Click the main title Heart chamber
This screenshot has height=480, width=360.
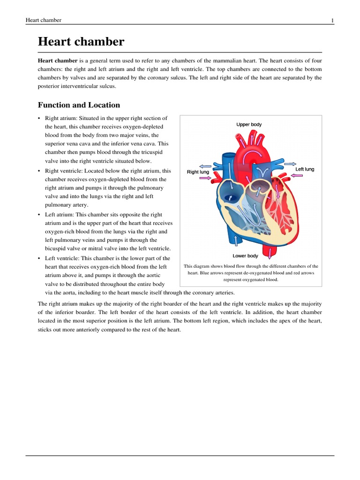coord(81,42)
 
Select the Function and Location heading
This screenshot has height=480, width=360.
coord(79,105)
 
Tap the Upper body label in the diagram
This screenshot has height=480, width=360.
coord(249,125)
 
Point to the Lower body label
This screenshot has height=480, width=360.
coord(245,256)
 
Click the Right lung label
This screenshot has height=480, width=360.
coord(198,172)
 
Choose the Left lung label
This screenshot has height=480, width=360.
coord(305,169)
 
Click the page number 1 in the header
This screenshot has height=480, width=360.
coord(332,21)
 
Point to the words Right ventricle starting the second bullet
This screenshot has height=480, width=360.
coord(62,171)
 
